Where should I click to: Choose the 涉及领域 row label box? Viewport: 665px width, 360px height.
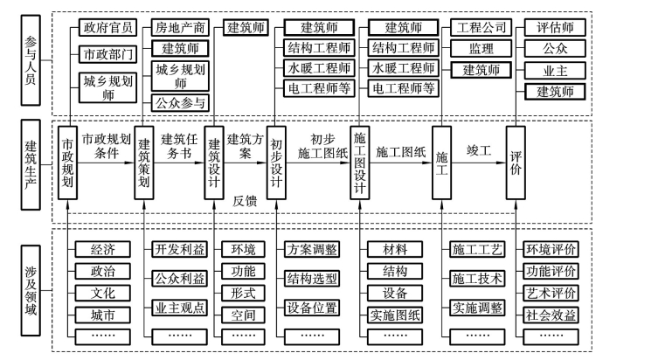[31, 282]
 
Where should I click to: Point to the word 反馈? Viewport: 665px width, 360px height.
[246, 200]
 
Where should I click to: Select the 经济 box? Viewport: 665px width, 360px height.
[102, 249]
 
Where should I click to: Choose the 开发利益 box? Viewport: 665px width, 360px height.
[180, 249]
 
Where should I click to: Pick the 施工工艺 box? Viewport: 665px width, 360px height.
[477, 249]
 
